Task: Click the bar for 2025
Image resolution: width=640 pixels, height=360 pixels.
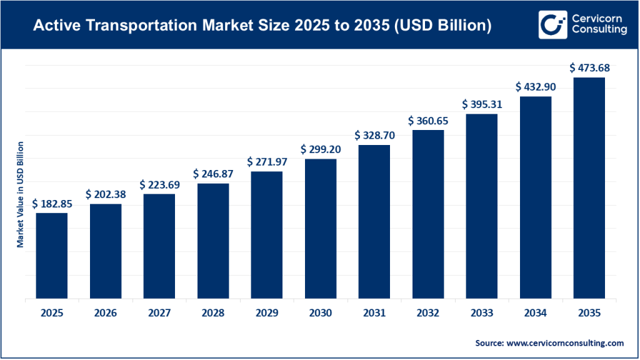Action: (x=51, y=256)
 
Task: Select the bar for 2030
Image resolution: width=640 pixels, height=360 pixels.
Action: (x=321, y=229)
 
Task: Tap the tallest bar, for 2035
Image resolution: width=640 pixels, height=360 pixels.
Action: (x=589, y=188)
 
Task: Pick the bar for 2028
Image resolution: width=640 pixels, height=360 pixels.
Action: (x=213, y=241)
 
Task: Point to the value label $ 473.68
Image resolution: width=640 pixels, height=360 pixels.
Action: (x=589, y=68)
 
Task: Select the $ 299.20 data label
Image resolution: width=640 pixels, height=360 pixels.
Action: (x=321, y=149)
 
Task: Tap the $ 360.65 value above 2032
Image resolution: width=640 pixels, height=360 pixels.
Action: (x=428, y=121)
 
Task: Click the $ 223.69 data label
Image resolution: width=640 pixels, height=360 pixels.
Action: (x=159, y=185)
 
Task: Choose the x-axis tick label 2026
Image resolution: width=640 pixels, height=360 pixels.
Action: (x=105, y=314)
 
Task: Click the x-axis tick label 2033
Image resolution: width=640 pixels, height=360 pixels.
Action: (x=481, y=314)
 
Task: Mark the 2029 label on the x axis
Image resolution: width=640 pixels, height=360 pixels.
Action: (x=267, y=314)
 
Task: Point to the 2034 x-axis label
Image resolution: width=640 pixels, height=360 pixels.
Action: (x=535, y=314)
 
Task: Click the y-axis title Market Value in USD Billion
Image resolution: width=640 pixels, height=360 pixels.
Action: (x=21, y=194)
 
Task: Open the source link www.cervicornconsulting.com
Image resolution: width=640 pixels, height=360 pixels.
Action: (x=565, y=343)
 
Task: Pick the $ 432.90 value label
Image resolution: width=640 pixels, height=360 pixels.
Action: (x=535, y=87)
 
